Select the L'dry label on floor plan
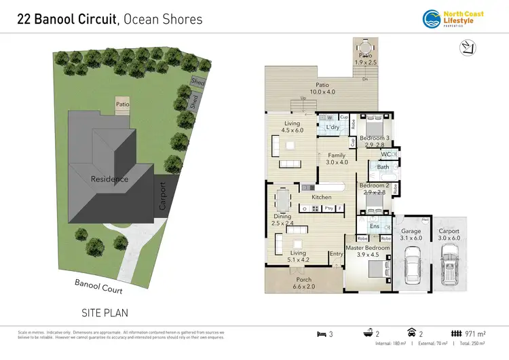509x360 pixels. pos(333,127)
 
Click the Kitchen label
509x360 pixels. pos(321,197)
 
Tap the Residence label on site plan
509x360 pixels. pos(109,179)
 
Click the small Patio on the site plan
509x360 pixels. pos(122,105)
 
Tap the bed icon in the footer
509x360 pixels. pos(322,334)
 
